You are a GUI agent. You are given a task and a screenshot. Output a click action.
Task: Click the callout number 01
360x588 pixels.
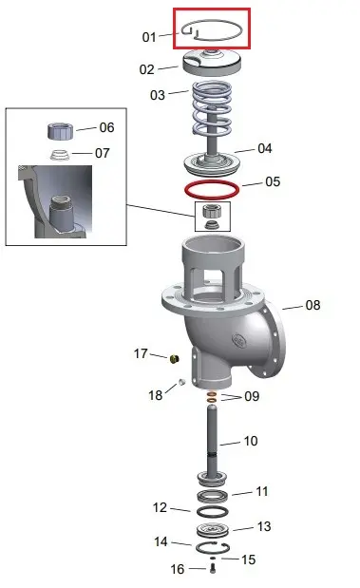point(149,37)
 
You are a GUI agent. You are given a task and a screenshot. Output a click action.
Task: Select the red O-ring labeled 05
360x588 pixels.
point(212,182)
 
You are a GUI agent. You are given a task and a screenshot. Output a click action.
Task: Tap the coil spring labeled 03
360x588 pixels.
point(212,108)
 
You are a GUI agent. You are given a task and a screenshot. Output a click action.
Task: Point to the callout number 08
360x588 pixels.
point(313,305)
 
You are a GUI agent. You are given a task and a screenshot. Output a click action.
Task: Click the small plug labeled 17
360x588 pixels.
point(175,358)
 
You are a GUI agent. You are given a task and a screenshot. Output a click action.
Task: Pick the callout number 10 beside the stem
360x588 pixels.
point(251,441)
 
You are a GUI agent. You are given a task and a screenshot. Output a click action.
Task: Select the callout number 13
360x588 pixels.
point(264,526)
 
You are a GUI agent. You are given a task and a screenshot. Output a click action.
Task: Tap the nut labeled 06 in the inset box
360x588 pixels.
point(61,131)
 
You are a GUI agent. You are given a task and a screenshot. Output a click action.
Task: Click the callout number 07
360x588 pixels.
point(103,153)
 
